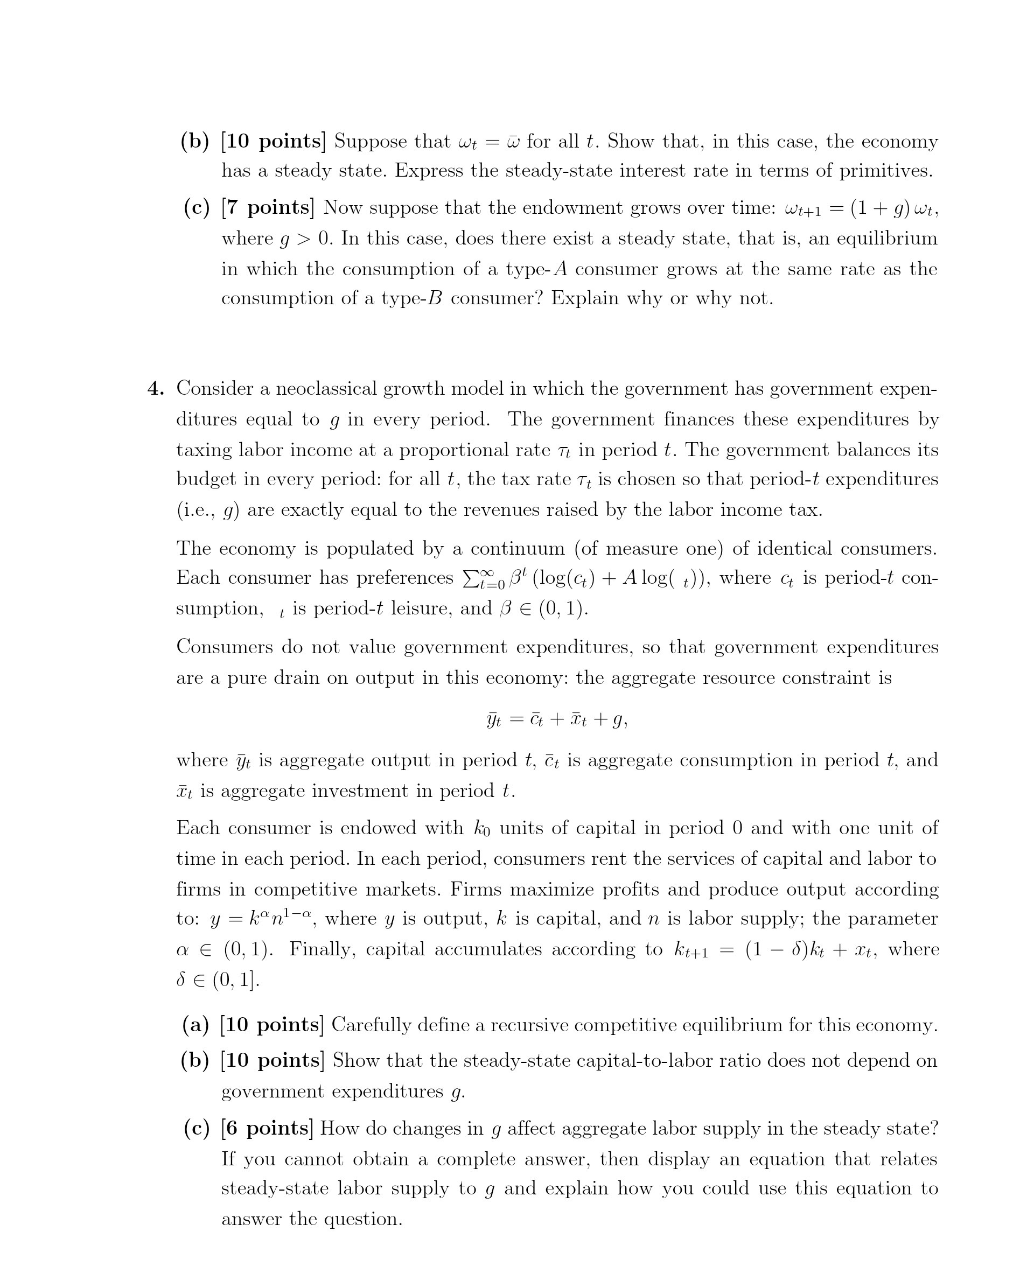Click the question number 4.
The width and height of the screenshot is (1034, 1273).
pos(156,389)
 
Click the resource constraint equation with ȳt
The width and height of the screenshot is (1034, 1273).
pos(557,721)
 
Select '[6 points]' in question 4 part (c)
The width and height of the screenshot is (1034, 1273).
pos(266,1128)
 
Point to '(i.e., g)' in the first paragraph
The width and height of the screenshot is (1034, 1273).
pos(208,510)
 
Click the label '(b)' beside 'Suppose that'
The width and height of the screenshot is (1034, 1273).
pos(195,141)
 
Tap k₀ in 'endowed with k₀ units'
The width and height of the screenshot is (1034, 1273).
pos(482,828)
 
